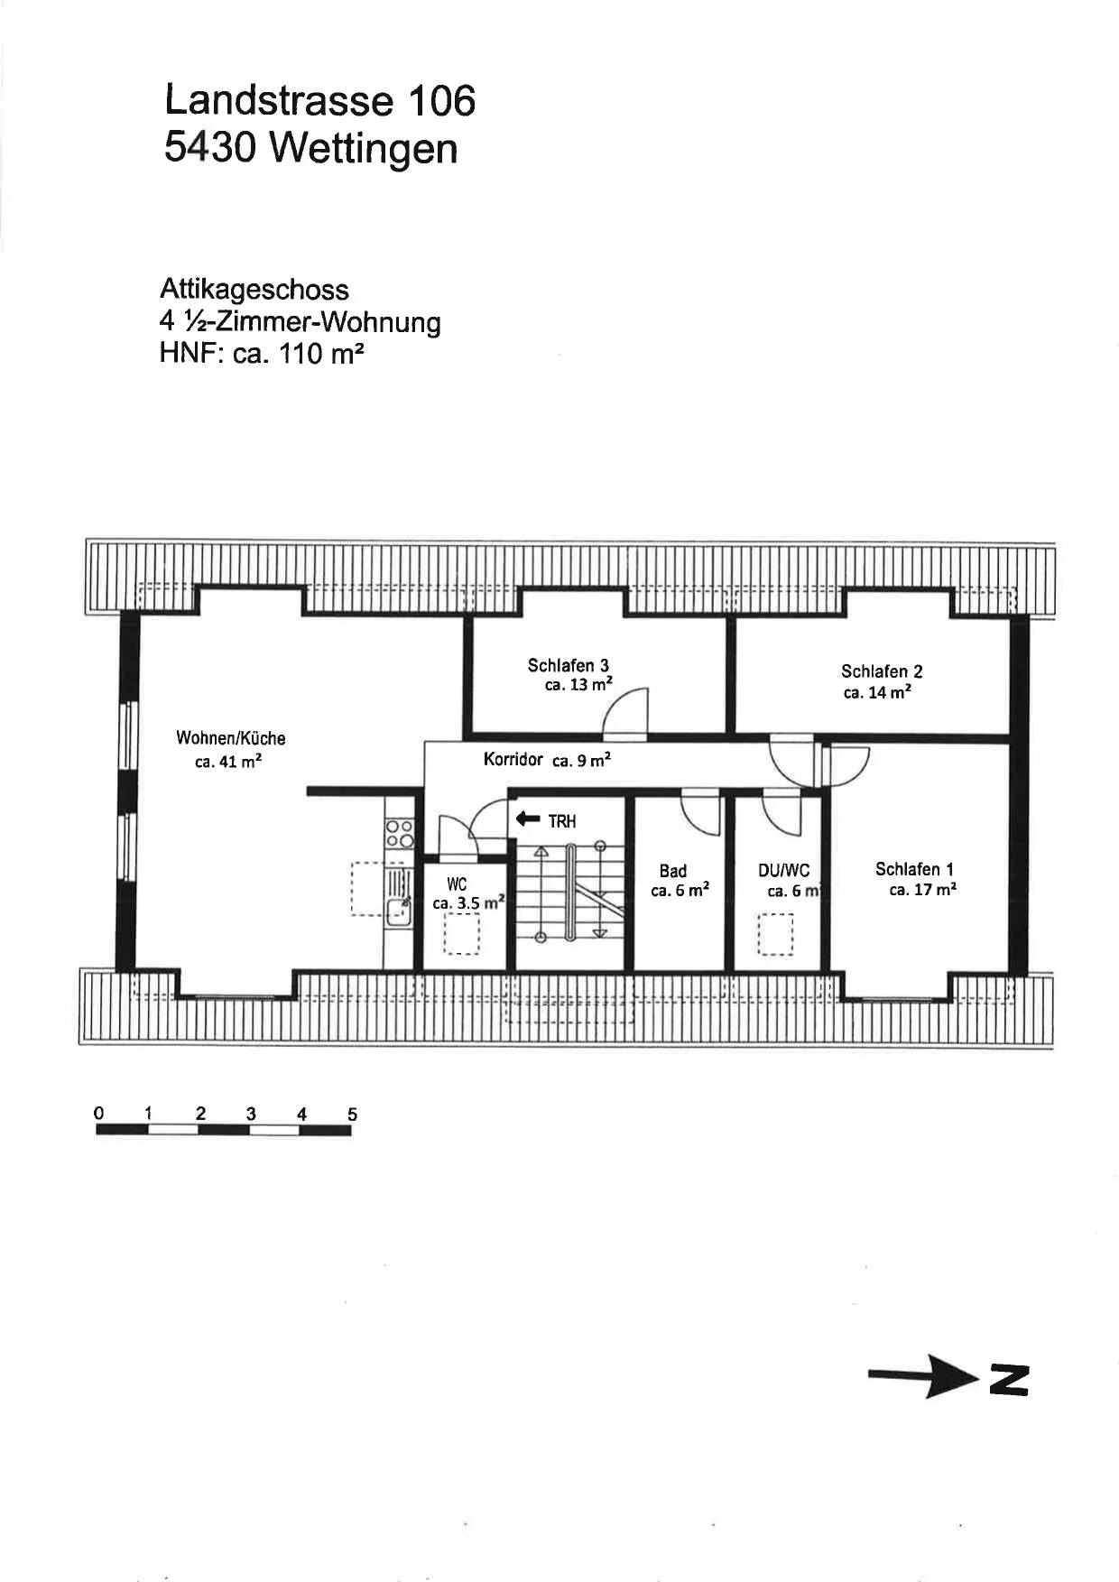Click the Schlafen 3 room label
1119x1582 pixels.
coord(569,666)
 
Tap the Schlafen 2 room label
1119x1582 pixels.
coord(882,671)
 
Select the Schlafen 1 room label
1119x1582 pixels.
coord(914,869)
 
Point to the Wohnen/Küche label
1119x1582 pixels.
coord(231,738)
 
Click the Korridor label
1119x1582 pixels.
coord(513,759)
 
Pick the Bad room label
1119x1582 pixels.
coord(672,871)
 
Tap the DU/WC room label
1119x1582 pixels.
coord(783,871)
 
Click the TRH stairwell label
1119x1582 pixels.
coord(561,821)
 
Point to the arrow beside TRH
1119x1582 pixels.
coord(527,819)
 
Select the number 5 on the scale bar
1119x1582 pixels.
coord(352,1115)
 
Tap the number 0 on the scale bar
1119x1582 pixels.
coord(99,1113)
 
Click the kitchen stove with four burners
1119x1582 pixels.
coord(400,833)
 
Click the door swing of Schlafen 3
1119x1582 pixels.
coord(625,714)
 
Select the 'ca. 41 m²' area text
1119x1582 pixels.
coord(228,762)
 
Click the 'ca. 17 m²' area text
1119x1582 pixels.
coord(922,890)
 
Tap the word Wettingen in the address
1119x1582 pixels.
coord(363,147)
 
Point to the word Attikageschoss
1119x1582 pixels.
coord(254,290)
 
